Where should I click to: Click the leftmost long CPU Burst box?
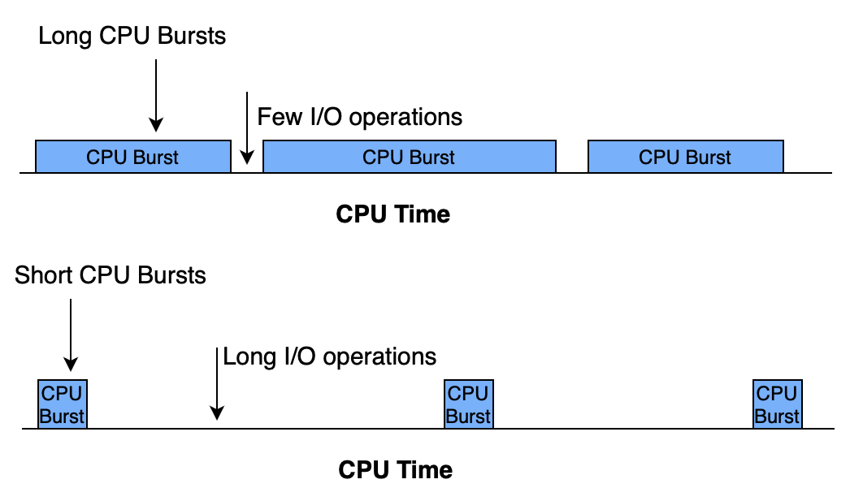(x=132, y=157)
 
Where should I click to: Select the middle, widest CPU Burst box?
(x=410, y=157)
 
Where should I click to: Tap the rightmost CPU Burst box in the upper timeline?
(x=685, y=157)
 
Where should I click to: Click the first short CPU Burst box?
(x=62, y=404)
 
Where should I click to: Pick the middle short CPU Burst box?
(x=468, y=404)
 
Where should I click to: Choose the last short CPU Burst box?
(x=777, y=404)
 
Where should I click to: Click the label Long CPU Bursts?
(x=132, y=36)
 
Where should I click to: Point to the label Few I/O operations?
(x=360, y=117)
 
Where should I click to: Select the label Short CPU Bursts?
(x=111, y=275)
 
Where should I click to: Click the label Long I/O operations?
(x=330, y=356)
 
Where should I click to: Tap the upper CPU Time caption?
(x=392, y=214)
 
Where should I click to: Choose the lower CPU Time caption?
(x=395, y=469)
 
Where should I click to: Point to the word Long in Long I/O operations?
(x=244, y=356)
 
